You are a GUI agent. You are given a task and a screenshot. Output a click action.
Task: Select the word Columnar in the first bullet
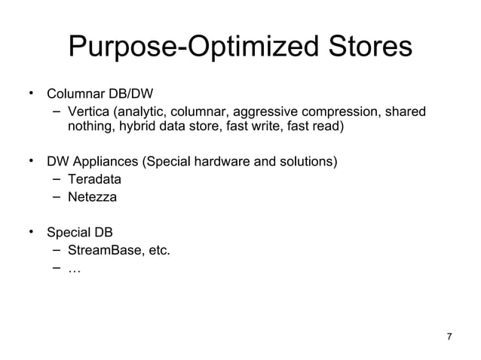(73, 96)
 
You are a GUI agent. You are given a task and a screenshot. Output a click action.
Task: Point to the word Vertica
(87, 113)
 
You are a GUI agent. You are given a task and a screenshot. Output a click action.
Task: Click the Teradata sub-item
(94, 180)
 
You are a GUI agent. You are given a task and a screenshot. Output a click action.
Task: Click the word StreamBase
(103, 249)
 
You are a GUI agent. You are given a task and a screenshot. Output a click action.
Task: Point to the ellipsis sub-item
(73, 267)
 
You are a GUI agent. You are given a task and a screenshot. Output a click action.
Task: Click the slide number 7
(450, 337)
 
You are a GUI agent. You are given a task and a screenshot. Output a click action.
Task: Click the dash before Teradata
(57, 179)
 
